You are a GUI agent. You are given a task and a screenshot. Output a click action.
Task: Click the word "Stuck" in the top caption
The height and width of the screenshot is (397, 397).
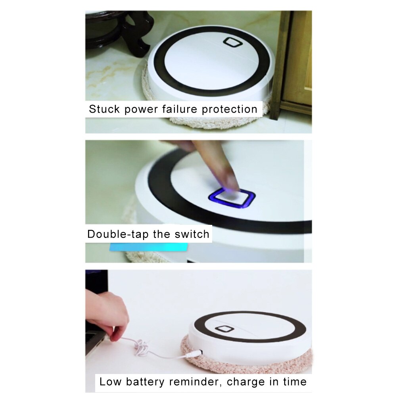(104, 109)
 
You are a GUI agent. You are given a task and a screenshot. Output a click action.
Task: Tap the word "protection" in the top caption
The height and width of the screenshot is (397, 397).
(230, 109)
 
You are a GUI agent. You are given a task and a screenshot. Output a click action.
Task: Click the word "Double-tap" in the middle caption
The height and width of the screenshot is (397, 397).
(118, 234)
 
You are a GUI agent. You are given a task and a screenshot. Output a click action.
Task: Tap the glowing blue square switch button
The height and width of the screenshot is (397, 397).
(232, 198)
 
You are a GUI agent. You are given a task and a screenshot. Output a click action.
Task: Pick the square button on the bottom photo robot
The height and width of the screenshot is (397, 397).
(224, 328)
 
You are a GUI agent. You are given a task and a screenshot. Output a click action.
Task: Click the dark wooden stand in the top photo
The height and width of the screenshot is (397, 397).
(131, 32)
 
